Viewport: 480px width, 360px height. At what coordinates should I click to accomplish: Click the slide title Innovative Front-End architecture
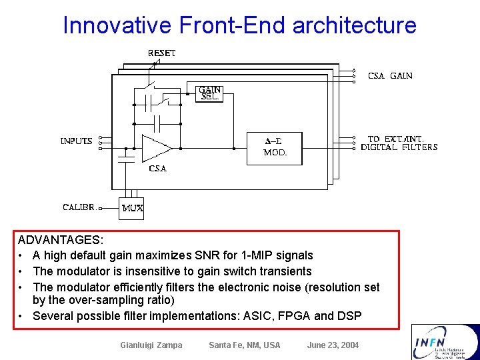(239, 25)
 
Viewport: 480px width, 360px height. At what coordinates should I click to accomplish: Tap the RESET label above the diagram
(161, 53)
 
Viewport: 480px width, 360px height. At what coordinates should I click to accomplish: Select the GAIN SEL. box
(211, 93)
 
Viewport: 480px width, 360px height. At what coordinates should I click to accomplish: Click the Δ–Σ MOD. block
(274, 147)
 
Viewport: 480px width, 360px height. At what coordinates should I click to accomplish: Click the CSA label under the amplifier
(158, 169)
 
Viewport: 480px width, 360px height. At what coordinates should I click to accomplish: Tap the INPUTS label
(76, 141)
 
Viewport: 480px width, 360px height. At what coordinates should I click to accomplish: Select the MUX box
(132, 208)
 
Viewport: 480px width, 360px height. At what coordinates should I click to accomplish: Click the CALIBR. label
(79, 207)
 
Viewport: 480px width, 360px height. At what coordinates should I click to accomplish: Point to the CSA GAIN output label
(390, 76)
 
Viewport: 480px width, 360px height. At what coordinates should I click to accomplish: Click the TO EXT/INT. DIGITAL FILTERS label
(399, 143)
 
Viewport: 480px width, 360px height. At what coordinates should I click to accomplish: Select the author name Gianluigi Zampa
(151, 345)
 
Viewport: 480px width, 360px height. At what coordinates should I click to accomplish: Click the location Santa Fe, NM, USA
(244, 345)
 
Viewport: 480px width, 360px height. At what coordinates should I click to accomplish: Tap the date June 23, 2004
(333, 345)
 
